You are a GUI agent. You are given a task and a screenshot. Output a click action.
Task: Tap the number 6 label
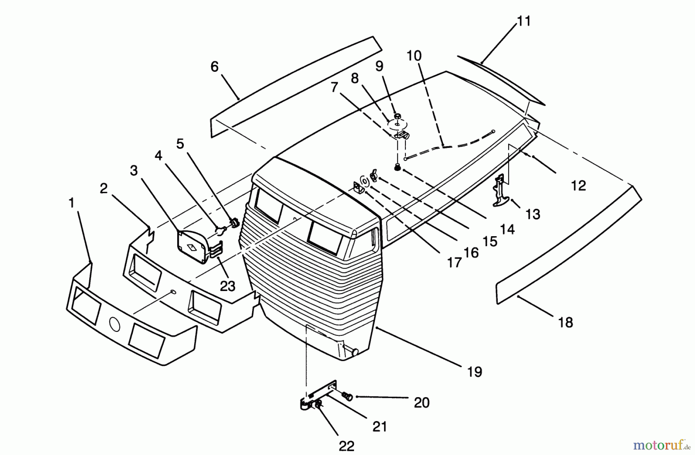[x=214, y=67]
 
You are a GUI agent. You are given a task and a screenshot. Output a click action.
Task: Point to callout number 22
[x=346, y=446]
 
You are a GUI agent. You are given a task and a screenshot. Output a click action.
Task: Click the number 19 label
[x=475, y=372]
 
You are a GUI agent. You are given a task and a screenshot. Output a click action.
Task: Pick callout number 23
[x=227, y=286]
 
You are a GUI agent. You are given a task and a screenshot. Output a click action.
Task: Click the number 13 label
[x=533, y=214]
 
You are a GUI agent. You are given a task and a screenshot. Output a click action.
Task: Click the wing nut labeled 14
[x=374, y=174]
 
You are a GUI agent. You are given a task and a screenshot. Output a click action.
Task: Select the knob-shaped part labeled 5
[x=234, y=223]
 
